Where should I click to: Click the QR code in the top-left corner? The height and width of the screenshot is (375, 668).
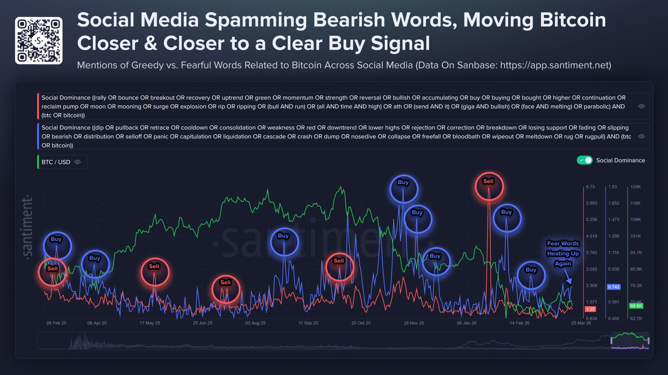click(39, 40)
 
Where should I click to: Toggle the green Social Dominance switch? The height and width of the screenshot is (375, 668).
click(585, 160)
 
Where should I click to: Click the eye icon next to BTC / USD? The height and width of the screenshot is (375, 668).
click(77, 162)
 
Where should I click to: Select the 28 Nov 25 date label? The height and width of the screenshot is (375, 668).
click(414, 323)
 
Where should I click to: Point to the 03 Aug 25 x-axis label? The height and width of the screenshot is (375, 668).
click(255, 323)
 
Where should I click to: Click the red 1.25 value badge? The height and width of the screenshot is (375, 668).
click(590, 309)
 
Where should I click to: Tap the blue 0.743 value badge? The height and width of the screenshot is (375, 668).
click(614, 287)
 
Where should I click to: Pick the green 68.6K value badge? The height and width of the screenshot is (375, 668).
click(636, 306)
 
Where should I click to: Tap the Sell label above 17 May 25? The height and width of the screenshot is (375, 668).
click(154, 266)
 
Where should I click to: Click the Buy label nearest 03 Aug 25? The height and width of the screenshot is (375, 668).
click(283, 236)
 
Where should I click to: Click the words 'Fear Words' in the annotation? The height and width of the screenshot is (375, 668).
click(563, 243)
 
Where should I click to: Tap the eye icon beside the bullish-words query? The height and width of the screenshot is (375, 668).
click(642, 106)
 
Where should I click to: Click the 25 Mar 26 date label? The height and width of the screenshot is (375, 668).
click(581, 323)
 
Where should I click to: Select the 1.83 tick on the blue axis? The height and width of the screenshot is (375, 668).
click(612, 187)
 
